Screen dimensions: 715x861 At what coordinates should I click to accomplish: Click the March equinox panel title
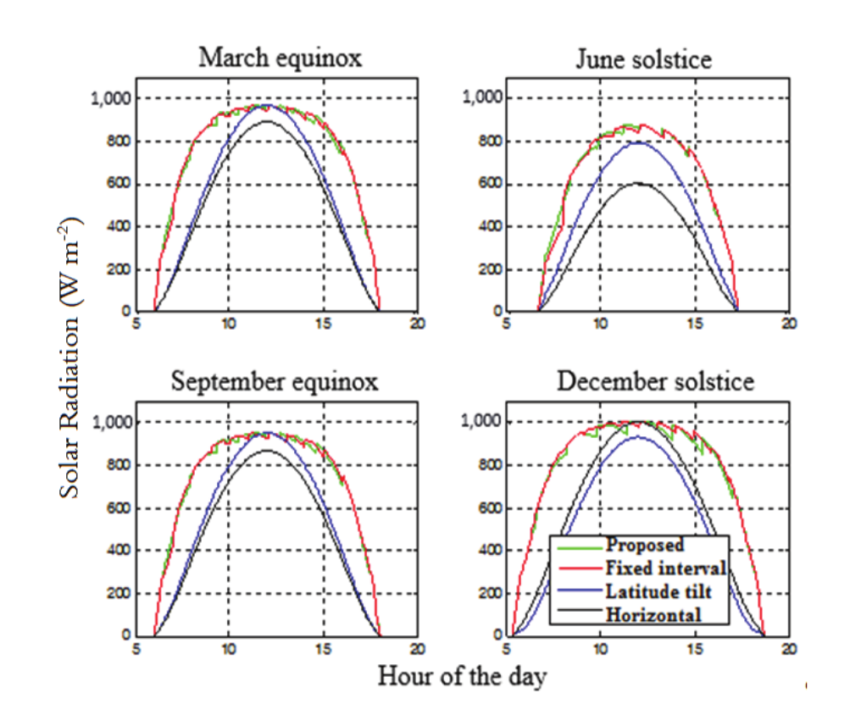(x=280, y=58)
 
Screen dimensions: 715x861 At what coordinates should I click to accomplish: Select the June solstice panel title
(x=643, y=59)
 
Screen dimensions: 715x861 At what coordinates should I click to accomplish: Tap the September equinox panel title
(x=275, y=381)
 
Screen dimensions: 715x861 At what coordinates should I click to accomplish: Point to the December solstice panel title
(x=654, y=381)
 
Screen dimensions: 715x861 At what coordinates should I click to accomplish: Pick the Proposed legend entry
(x=645, y=545)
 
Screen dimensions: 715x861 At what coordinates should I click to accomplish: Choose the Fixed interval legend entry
(x=666, y=567)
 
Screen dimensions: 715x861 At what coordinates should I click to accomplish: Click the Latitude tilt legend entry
(x=659, y=590)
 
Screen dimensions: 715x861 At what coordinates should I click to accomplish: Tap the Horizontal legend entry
(x=653, y=614)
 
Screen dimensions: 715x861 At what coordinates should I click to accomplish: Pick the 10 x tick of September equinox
(x=228, y=648)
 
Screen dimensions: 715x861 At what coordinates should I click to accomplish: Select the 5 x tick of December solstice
(x=507, y=648)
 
